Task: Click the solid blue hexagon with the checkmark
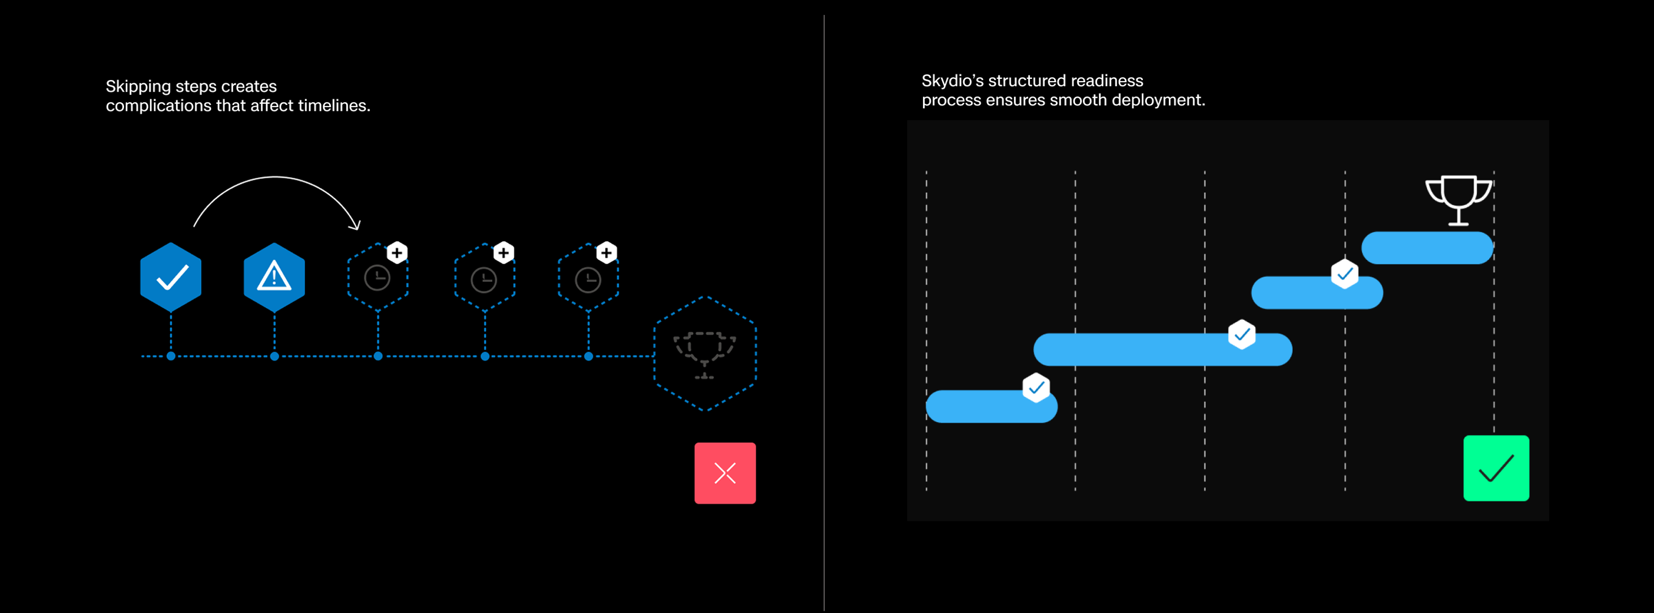point(171,278)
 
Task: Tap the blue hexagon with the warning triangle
point(274,278)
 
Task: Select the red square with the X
point(725,473)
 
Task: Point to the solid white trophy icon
point(1458,199)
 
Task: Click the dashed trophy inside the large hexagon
point(705,354)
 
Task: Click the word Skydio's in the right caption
point(952,81)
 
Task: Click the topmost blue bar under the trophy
point(1427,248)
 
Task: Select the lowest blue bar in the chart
point(991,407)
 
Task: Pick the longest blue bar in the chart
point(1162,350)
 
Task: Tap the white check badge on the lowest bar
point(1035,387)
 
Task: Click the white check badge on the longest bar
point(1242,334)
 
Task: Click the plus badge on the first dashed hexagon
point(397,253)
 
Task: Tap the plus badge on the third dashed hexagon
point(606,253)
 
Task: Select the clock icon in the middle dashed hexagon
point(484,280)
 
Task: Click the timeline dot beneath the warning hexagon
point(274,356)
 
